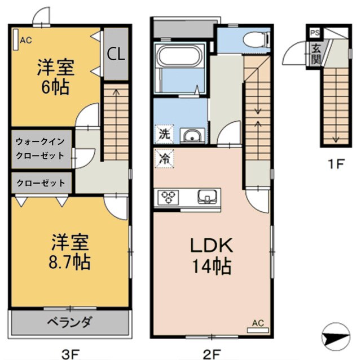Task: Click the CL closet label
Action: pyautogui.click(x=117, y=54)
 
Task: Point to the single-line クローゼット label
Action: pyautogui.click(x=41, y=183)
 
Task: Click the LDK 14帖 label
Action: pyautogui.click(x=211, y=255)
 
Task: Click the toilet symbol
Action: pyautogui.click(x=255, y=39)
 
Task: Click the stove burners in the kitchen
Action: pyautogui.click(x=169, y=197)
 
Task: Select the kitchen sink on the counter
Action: pyautogui.click(x=208, y=197)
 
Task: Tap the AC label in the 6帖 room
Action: pyautogui.click(x=25, y=40)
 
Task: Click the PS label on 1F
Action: pyautogui.click(x=313, y=33)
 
